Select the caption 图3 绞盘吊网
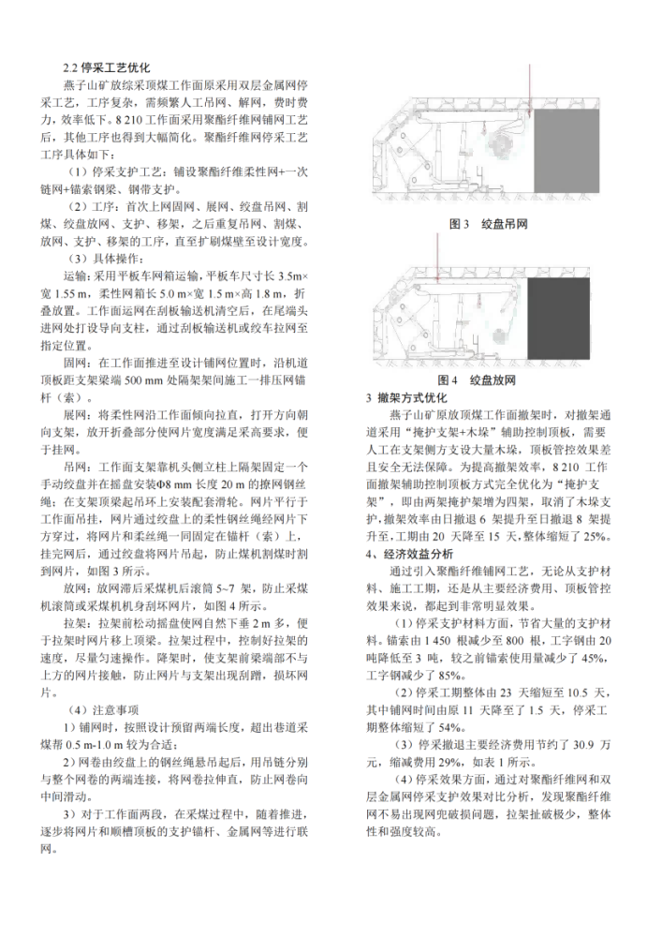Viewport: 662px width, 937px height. tap(490, 225)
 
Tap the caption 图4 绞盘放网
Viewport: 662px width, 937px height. tap(491, 380)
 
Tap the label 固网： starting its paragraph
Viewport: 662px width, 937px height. tap(80, 362)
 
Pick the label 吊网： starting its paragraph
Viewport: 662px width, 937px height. tap(80, 465)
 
